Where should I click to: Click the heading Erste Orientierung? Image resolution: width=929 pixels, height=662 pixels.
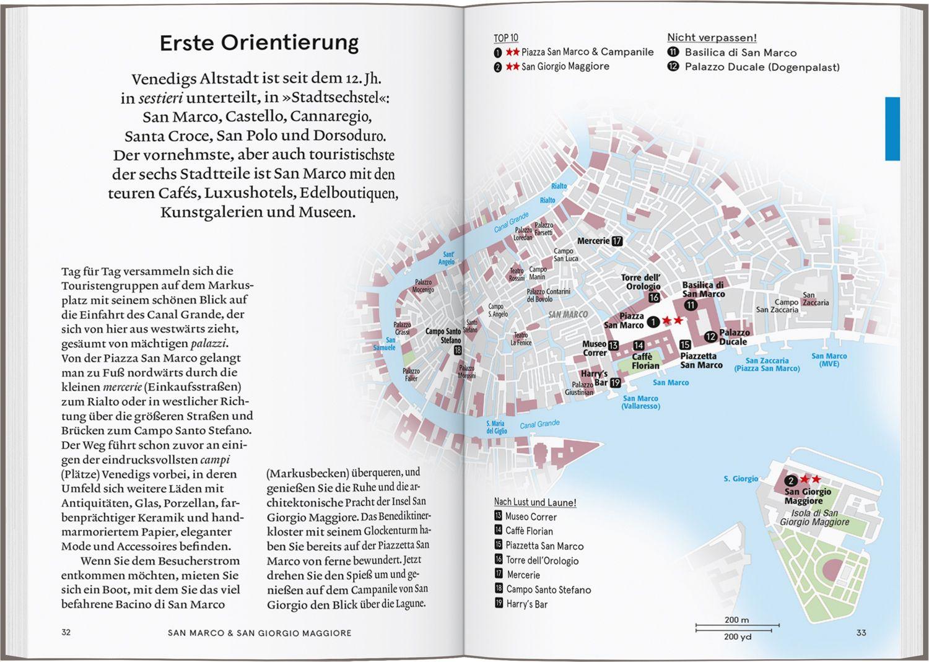click(259, 43)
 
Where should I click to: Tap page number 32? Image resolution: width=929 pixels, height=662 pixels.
click(66, 632)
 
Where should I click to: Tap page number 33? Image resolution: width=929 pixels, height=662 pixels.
click(861, 632)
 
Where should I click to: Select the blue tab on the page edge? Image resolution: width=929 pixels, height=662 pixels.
click(892, 128)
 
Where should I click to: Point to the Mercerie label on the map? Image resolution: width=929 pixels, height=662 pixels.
click(593, 241)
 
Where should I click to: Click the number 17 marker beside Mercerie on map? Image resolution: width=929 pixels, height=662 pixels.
click(617, 241)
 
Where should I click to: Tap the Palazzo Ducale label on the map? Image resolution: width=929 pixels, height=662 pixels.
click(734, 337)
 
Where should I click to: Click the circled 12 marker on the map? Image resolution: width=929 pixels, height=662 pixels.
click(710, 337)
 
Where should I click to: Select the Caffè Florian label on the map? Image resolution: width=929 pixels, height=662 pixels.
click(645, 361)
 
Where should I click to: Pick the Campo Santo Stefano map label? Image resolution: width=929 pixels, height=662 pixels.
click(443, 336)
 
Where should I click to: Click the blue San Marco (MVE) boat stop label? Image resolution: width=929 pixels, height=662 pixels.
click(829, 360)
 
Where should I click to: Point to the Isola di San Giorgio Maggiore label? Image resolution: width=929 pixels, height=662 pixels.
click(814, 517)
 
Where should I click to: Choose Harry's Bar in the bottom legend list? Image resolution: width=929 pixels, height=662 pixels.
click(526, 604)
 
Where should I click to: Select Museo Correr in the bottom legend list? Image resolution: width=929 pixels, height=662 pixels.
click(531, 516)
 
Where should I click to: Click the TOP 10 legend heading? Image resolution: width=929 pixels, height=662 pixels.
click(506, 38)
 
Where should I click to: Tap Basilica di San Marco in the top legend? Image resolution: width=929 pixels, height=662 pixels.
click(740, 53)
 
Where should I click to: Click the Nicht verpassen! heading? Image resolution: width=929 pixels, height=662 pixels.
click(712, 38)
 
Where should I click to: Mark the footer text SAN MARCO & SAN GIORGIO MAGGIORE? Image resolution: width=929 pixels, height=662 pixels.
click(260, 633)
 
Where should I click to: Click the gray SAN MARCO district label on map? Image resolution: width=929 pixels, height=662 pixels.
click(568, 315)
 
